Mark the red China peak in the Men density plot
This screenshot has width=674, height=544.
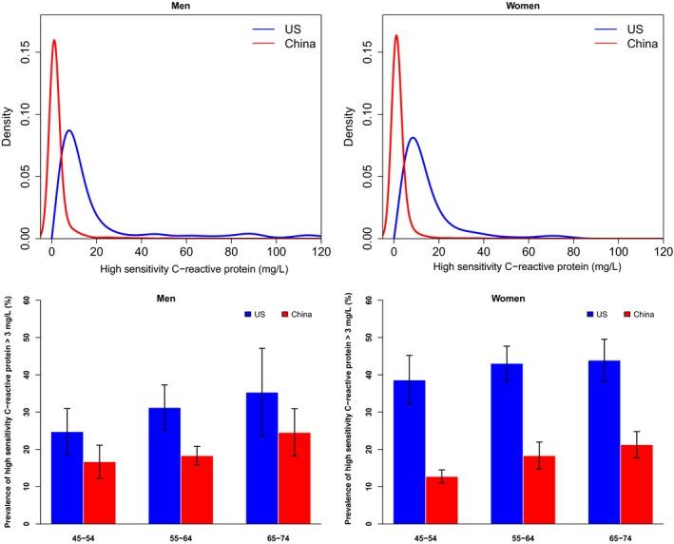tap(54, 40)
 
